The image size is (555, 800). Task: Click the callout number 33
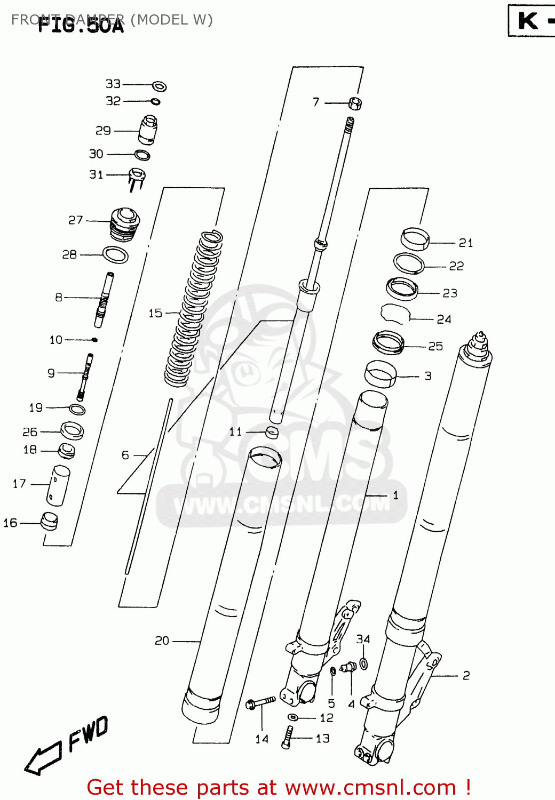(113, 84)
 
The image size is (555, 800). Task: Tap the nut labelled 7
(355, 103)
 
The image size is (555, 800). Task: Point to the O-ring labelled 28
(115, 255)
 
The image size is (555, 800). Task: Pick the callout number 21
(466, 243)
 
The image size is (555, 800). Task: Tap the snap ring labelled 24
(394, 314)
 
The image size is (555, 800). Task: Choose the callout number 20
(162, 641)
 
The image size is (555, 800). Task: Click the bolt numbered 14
(260, 703)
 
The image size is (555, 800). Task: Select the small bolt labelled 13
(288, 737)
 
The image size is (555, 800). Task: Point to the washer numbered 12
(294, 717)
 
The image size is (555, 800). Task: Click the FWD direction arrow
(43, 758)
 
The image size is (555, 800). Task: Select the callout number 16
(10, 523)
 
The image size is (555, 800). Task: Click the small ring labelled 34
(363, 663)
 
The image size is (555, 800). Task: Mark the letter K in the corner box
(528, 21)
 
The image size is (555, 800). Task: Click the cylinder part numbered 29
(148, 130)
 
